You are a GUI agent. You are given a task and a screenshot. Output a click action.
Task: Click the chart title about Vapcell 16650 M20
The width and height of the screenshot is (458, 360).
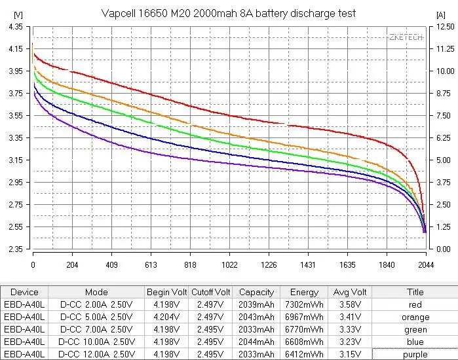tap(229, 14)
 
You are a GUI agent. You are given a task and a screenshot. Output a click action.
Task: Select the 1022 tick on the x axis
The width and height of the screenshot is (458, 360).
tap(229, 265)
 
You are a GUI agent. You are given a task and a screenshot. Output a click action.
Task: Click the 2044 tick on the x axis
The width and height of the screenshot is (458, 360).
tap(426, 265)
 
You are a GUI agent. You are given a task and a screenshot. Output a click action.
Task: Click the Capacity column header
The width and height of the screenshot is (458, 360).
tap(256, 293)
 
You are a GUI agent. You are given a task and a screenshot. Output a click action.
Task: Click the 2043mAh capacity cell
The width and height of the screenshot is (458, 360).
tap(256, 317)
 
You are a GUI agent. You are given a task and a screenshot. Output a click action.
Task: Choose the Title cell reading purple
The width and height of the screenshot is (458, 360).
tap(415, 354)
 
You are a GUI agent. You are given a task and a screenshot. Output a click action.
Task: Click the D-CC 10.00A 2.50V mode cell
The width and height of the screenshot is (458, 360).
tap(96, 342)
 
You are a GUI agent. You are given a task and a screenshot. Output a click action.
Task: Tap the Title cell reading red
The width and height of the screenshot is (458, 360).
tap(415, 305)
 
